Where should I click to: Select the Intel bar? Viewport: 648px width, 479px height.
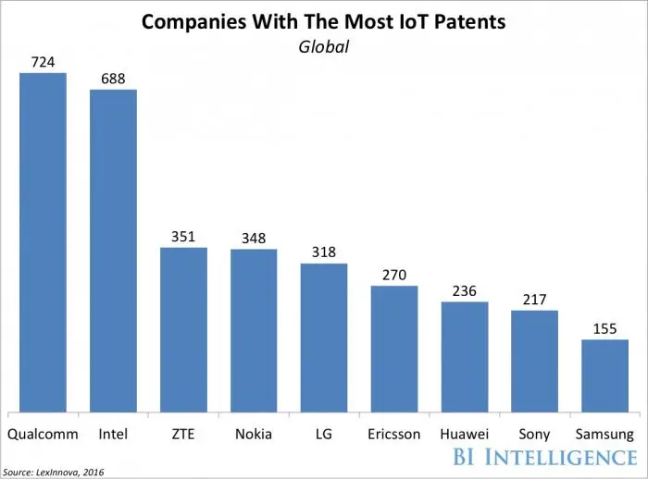(x=113, y=251)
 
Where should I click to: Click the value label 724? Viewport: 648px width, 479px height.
(x=43, y=61)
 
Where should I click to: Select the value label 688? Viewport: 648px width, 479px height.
(x=113, y=78)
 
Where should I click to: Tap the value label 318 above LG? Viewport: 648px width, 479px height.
(x=324, y=252)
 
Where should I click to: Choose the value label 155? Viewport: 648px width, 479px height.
(x=605, y=327)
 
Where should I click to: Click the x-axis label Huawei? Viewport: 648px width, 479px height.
(x=465, y=434)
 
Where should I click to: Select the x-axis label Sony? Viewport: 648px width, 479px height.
(x=535, y=434)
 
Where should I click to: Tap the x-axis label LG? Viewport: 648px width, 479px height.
(x=324, y=434)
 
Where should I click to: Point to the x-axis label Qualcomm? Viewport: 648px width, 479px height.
(x=43, y=434)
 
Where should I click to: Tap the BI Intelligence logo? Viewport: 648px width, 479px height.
(x=545, y=457)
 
